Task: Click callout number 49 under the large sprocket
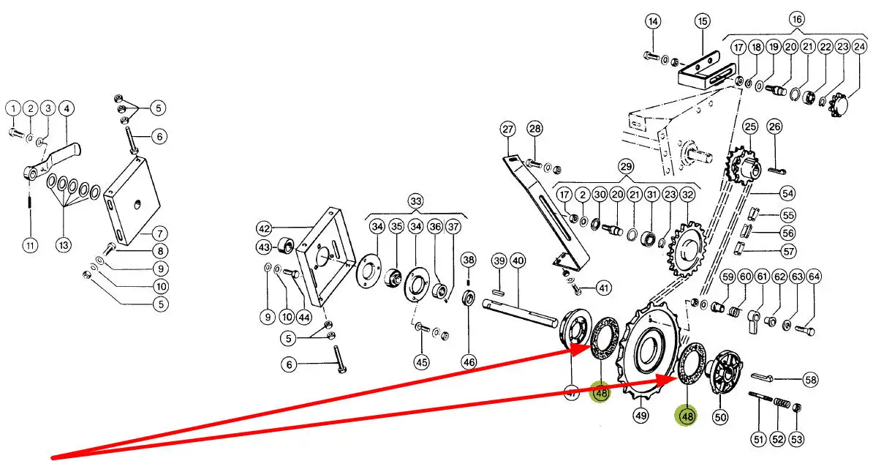(640, 415)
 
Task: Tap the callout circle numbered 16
(797, 20)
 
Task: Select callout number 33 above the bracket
(415, 200)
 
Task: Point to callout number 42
(264, 228)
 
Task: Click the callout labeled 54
(787, 193)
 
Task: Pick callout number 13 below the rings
(64, 244)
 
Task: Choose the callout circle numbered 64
(814, 277)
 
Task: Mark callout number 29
(626, 166)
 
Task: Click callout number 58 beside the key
(811, 381)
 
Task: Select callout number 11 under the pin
(30, 244)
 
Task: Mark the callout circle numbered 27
(507, 130)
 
